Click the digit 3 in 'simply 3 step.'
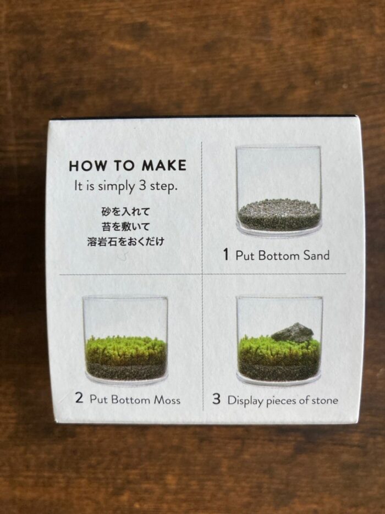coord(142,186)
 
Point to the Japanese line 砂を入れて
coord(125,212)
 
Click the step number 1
coord(226,255)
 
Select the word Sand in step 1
coord(316,256)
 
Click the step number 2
coord(79,397)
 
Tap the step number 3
coord(216,399)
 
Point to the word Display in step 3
coord(245,401)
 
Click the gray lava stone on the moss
coord(293,332)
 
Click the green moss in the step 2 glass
coord(125,350)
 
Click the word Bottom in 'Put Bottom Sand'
coord(278,256)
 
